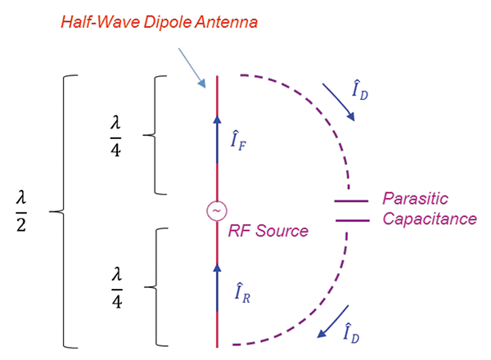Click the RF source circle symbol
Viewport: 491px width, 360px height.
click(217, 211)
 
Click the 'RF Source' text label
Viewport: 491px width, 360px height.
click(268, 231)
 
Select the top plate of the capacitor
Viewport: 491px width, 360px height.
click(351, 200)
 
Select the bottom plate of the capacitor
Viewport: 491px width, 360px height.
click(351, 220)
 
